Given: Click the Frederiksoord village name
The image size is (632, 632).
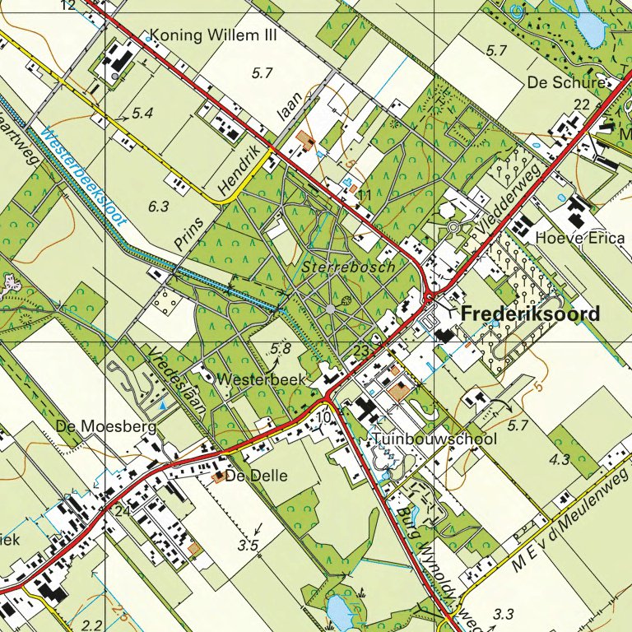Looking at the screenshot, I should (531, 314).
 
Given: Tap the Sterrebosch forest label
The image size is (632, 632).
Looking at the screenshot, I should (349, 267).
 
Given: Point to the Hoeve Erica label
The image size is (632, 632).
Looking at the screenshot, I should (577, 238).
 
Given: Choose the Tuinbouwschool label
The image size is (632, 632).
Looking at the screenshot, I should (434, 439).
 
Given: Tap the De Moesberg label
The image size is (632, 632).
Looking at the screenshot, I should (95, 426).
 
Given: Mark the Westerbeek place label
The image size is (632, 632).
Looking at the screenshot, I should (263, 380).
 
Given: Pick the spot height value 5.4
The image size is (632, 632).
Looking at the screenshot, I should (142, 112).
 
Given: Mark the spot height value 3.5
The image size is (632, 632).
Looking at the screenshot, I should (249, 545).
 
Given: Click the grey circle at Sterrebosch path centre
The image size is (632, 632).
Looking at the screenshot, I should (330, 309).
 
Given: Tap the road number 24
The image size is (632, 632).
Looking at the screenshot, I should (123, 511).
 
